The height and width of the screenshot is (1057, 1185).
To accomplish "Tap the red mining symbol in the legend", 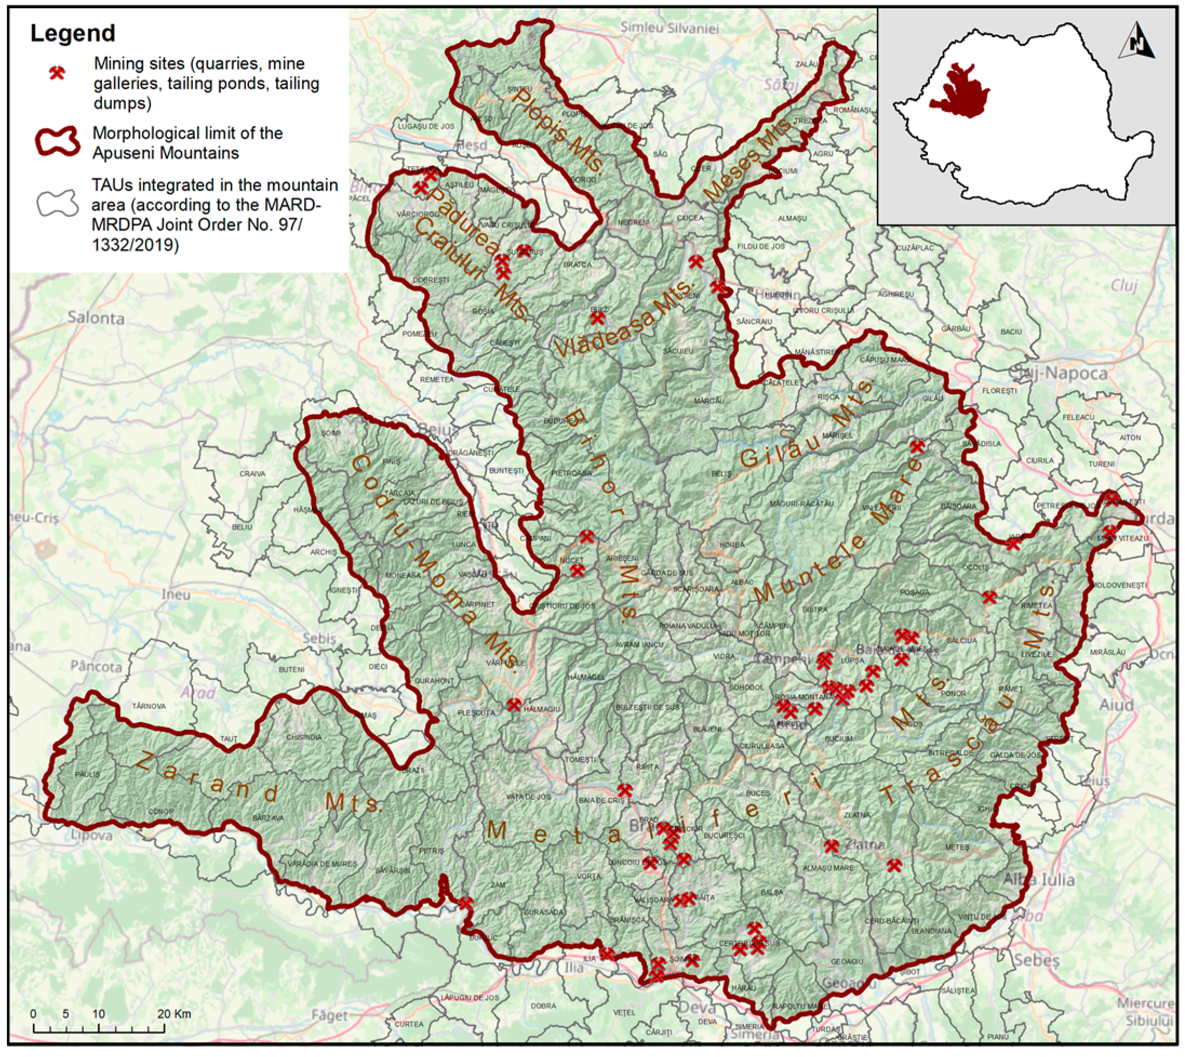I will tap(57, 72).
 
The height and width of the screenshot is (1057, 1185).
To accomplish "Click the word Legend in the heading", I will tap(72, 33).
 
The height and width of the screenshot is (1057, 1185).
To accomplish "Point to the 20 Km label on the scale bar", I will tap(174, 1014).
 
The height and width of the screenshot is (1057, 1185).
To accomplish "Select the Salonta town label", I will tap(96, 318).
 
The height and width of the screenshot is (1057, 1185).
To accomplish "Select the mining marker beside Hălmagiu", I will tap(514, 705).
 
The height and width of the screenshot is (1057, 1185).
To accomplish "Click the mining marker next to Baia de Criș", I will tap(625, 790).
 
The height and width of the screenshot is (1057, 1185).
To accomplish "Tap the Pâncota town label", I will tap(96, 666).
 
